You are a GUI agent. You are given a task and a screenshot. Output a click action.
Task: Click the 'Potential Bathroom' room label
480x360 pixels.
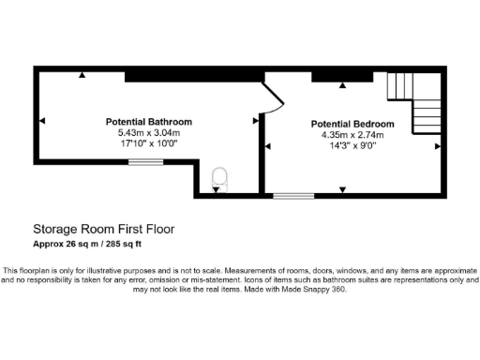click(x=148, y=122)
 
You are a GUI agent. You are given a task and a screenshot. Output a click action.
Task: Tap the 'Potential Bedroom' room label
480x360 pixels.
click(x=352, y=124)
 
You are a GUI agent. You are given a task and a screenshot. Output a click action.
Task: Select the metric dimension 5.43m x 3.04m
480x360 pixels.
click(x=148, y=132)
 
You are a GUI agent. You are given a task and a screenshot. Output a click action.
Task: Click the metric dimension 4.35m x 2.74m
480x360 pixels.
click(x=352, y=134)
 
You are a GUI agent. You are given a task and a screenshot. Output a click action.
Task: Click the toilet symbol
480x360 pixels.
click(x=220, y=178)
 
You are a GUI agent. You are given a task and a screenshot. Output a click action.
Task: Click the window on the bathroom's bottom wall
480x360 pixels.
click(x=144, y=161)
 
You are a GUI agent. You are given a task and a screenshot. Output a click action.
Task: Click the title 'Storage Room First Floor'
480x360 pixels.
click(x=103, y=229)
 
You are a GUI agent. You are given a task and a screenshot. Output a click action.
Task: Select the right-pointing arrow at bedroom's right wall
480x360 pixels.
click(x=437, y=145)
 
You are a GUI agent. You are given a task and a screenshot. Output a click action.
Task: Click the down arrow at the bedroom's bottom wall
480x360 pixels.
click(x=342, y=190)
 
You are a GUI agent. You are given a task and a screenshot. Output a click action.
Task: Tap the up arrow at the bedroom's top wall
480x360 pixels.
click(x=342, y=86)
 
